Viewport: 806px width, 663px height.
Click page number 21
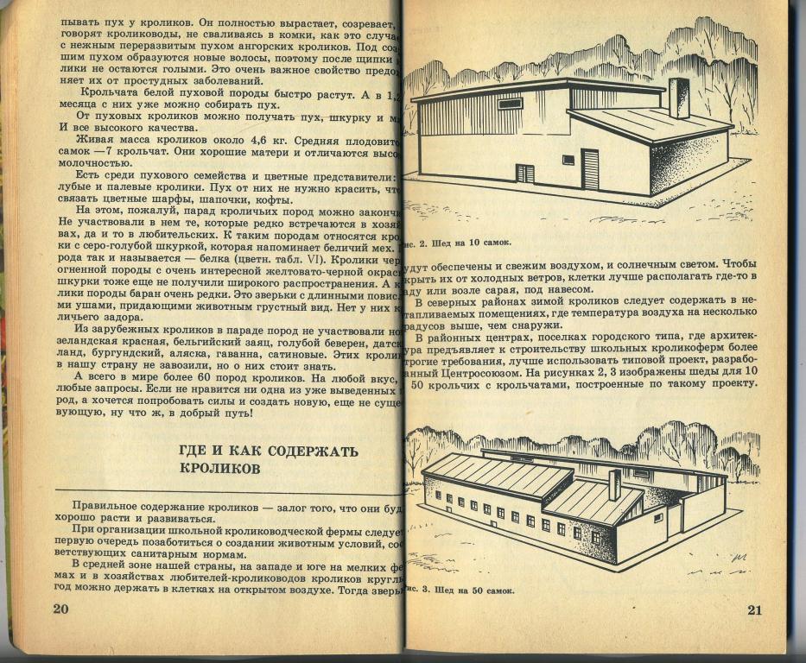click(753, 610)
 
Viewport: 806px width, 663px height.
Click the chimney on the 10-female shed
click(679, 97)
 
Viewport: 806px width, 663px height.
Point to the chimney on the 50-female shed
click(614, 485)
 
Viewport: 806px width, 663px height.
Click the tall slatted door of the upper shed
click(590, 168)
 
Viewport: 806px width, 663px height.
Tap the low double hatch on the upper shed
click(525, 174)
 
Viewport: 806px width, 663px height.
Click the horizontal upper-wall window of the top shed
click(510, 104)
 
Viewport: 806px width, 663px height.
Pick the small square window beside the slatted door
click(568, 160)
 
